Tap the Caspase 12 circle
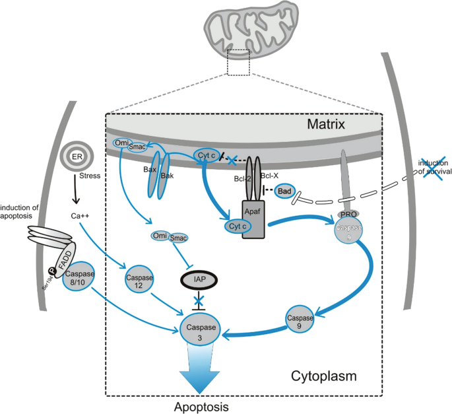coord(139,282)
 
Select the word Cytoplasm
coord(324,376)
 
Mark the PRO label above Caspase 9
coord(348,215)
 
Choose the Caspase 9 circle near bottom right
coord(299,318)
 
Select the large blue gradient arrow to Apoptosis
coord(203,373)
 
